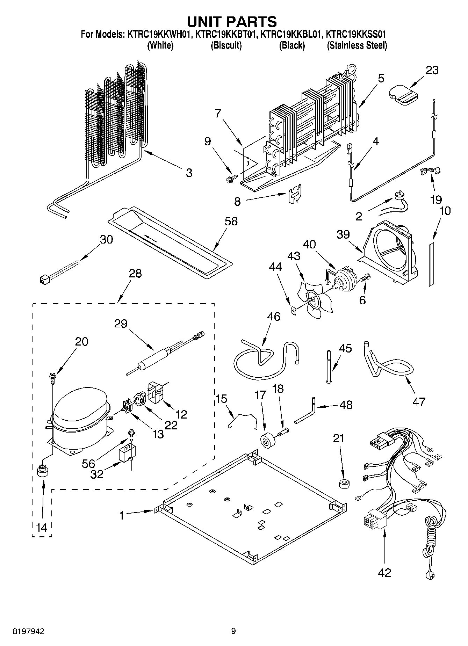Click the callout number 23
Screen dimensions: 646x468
[x=432, y=70]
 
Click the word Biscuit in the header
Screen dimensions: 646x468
[x=226, y=45]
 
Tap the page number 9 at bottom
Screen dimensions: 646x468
[x=233, y=631]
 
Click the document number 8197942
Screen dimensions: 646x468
[x=28, y=631]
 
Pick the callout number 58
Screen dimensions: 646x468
[x=231, y=222]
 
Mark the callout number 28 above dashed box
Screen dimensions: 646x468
[x=135, y=273]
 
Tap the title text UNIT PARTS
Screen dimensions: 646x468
[x=232, y=22]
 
